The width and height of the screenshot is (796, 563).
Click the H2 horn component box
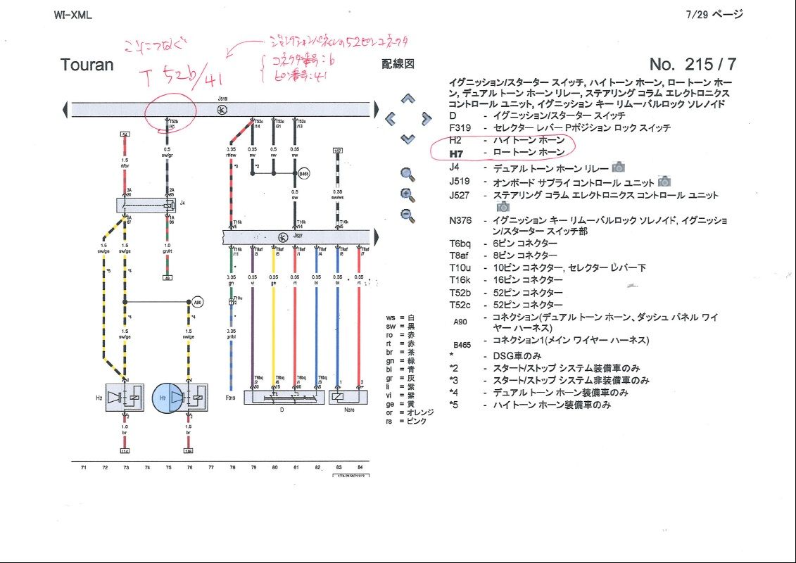(x=124, y=398)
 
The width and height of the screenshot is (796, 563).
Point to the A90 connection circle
(x=198, y=302)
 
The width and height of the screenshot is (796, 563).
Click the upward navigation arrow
(x=408, y=100)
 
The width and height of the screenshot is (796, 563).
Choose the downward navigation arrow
(x=408, y=139)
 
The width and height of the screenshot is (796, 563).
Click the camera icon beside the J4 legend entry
(x=618, y=167)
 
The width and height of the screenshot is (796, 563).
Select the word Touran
(x=87, y=65)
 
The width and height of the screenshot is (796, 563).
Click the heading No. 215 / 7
(x=693, y=64)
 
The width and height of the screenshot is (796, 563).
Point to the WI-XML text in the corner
(x=72, y=15)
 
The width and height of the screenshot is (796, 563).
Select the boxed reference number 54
(x=125, y=134)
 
